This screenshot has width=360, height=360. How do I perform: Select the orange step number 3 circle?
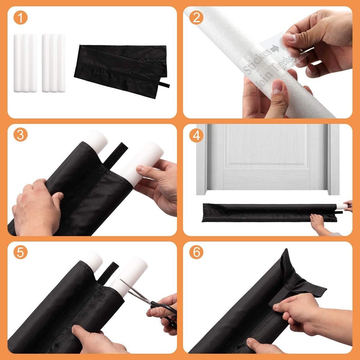[x=20, y=135]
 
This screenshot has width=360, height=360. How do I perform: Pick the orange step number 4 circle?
[x=197, y=135]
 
